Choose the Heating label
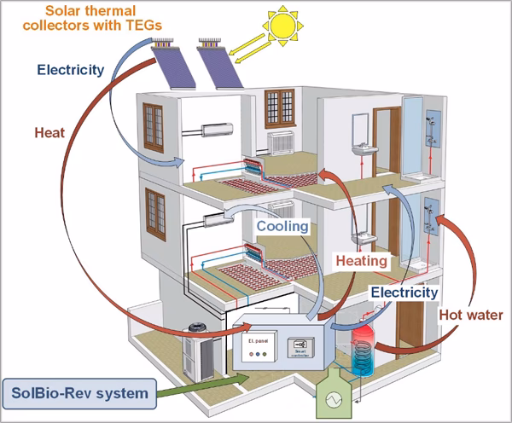362,259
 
